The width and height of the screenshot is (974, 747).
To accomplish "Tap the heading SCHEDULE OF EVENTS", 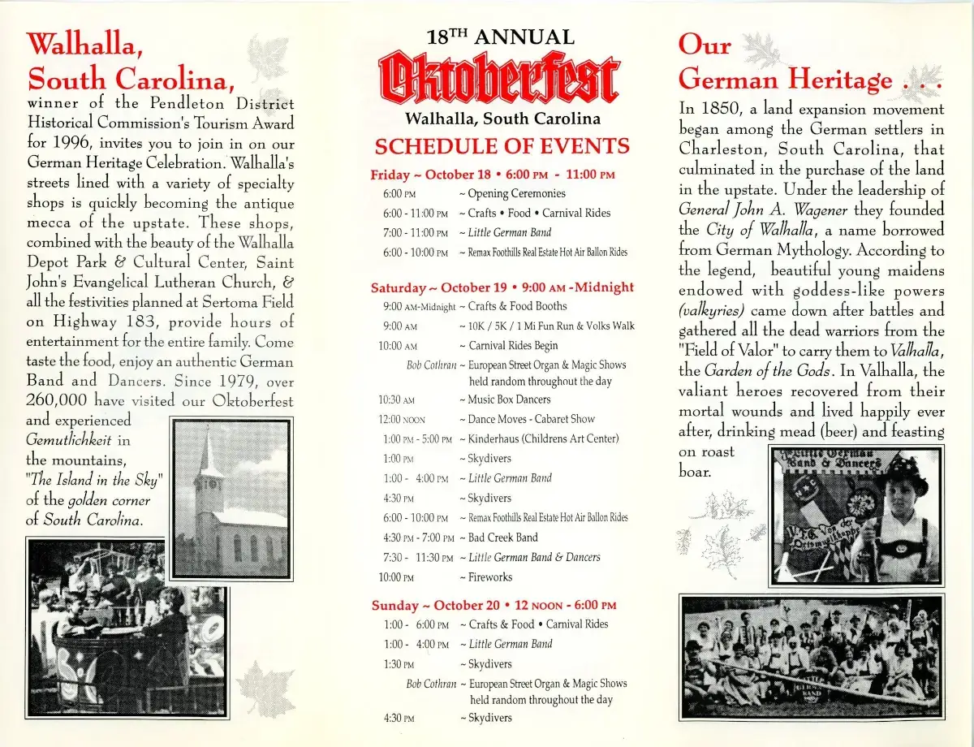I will click(x=502, y=146).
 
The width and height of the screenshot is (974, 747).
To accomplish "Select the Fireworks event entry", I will click(x=490, y=577).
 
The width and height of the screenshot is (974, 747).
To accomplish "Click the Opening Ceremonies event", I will click(x=516, y=193).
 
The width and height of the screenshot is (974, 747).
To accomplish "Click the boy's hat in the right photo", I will click(x=906, y=474).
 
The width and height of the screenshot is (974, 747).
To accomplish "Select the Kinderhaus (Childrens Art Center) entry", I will click(x=543, y=438).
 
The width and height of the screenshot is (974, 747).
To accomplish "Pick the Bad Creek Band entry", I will click(x=502, y=538).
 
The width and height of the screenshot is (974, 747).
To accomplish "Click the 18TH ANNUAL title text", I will click(x=500, y=37).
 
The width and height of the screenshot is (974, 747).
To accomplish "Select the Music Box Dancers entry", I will click(x=509, y=399).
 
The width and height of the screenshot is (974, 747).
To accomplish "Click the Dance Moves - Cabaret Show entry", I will click(x=531, y=419).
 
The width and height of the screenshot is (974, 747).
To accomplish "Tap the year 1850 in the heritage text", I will click(x=722, y=109).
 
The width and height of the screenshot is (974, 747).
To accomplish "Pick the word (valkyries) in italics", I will click(x=712, y=310).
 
